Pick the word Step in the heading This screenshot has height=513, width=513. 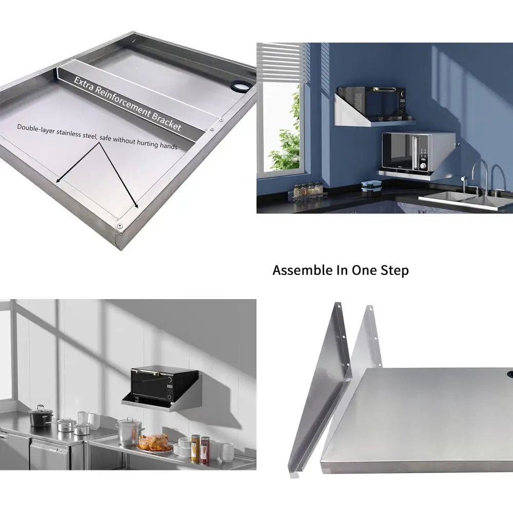pyautogui.click(x=395, y=271)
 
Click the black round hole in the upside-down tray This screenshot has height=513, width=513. pyautogui.click(x=240, y=85)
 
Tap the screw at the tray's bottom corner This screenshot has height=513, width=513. pyautogui.click(x=119, y=226)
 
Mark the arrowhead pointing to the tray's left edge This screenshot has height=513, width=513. pyautogui.click(x=58, y=180)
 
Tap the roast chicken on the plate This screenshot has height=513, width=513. pyautogui.click(x=153, y=443)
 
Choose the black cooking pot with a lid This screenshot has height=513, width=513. pyautogui.click(x=41, y=416)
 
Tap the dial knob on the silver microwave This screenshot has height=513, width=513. pyautogui.click(x=423, y=165)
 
